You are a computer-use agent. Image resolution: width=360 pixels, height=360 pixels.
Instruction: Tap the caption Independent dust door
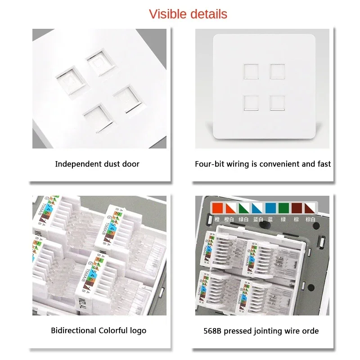pos(97,164)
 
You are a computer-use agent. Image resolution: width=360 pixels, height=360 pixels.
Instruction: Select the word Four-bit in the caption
pos(209,164)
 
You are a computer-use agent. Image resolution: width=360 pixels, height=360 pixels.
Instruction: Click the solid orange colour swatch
pos(217,208)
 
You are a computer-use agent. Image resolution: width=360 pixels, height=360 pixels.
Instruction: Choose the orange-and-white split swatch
pos(230,208)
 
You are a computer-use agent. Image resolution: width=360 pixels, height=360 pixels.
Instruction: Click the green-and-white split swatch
pos(243,208)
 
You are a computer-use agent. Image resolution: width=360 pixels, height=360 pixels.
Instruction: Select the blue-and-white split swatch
pos(257,208)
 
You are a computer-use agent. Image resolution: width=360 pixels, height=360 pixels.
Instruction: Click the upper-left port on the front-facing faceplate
pos(250,72)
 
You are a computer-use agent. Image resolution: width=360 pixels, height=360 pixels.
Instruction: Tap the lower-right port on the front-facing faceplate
pos(277,103)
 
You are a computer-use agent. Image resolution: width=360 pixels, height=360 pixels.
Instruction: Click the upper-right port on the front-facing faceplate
pos(277,72)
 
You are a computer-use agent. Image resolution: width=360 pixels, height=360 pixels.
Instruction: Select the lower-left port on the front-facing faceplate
pos(250,103)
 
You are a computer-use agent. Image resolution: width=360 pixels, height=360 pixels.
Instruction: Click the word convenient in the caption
pos(279,164)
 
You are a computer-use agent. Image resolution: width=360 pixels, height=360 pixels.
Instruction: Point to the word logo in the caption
pos(137,331)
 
